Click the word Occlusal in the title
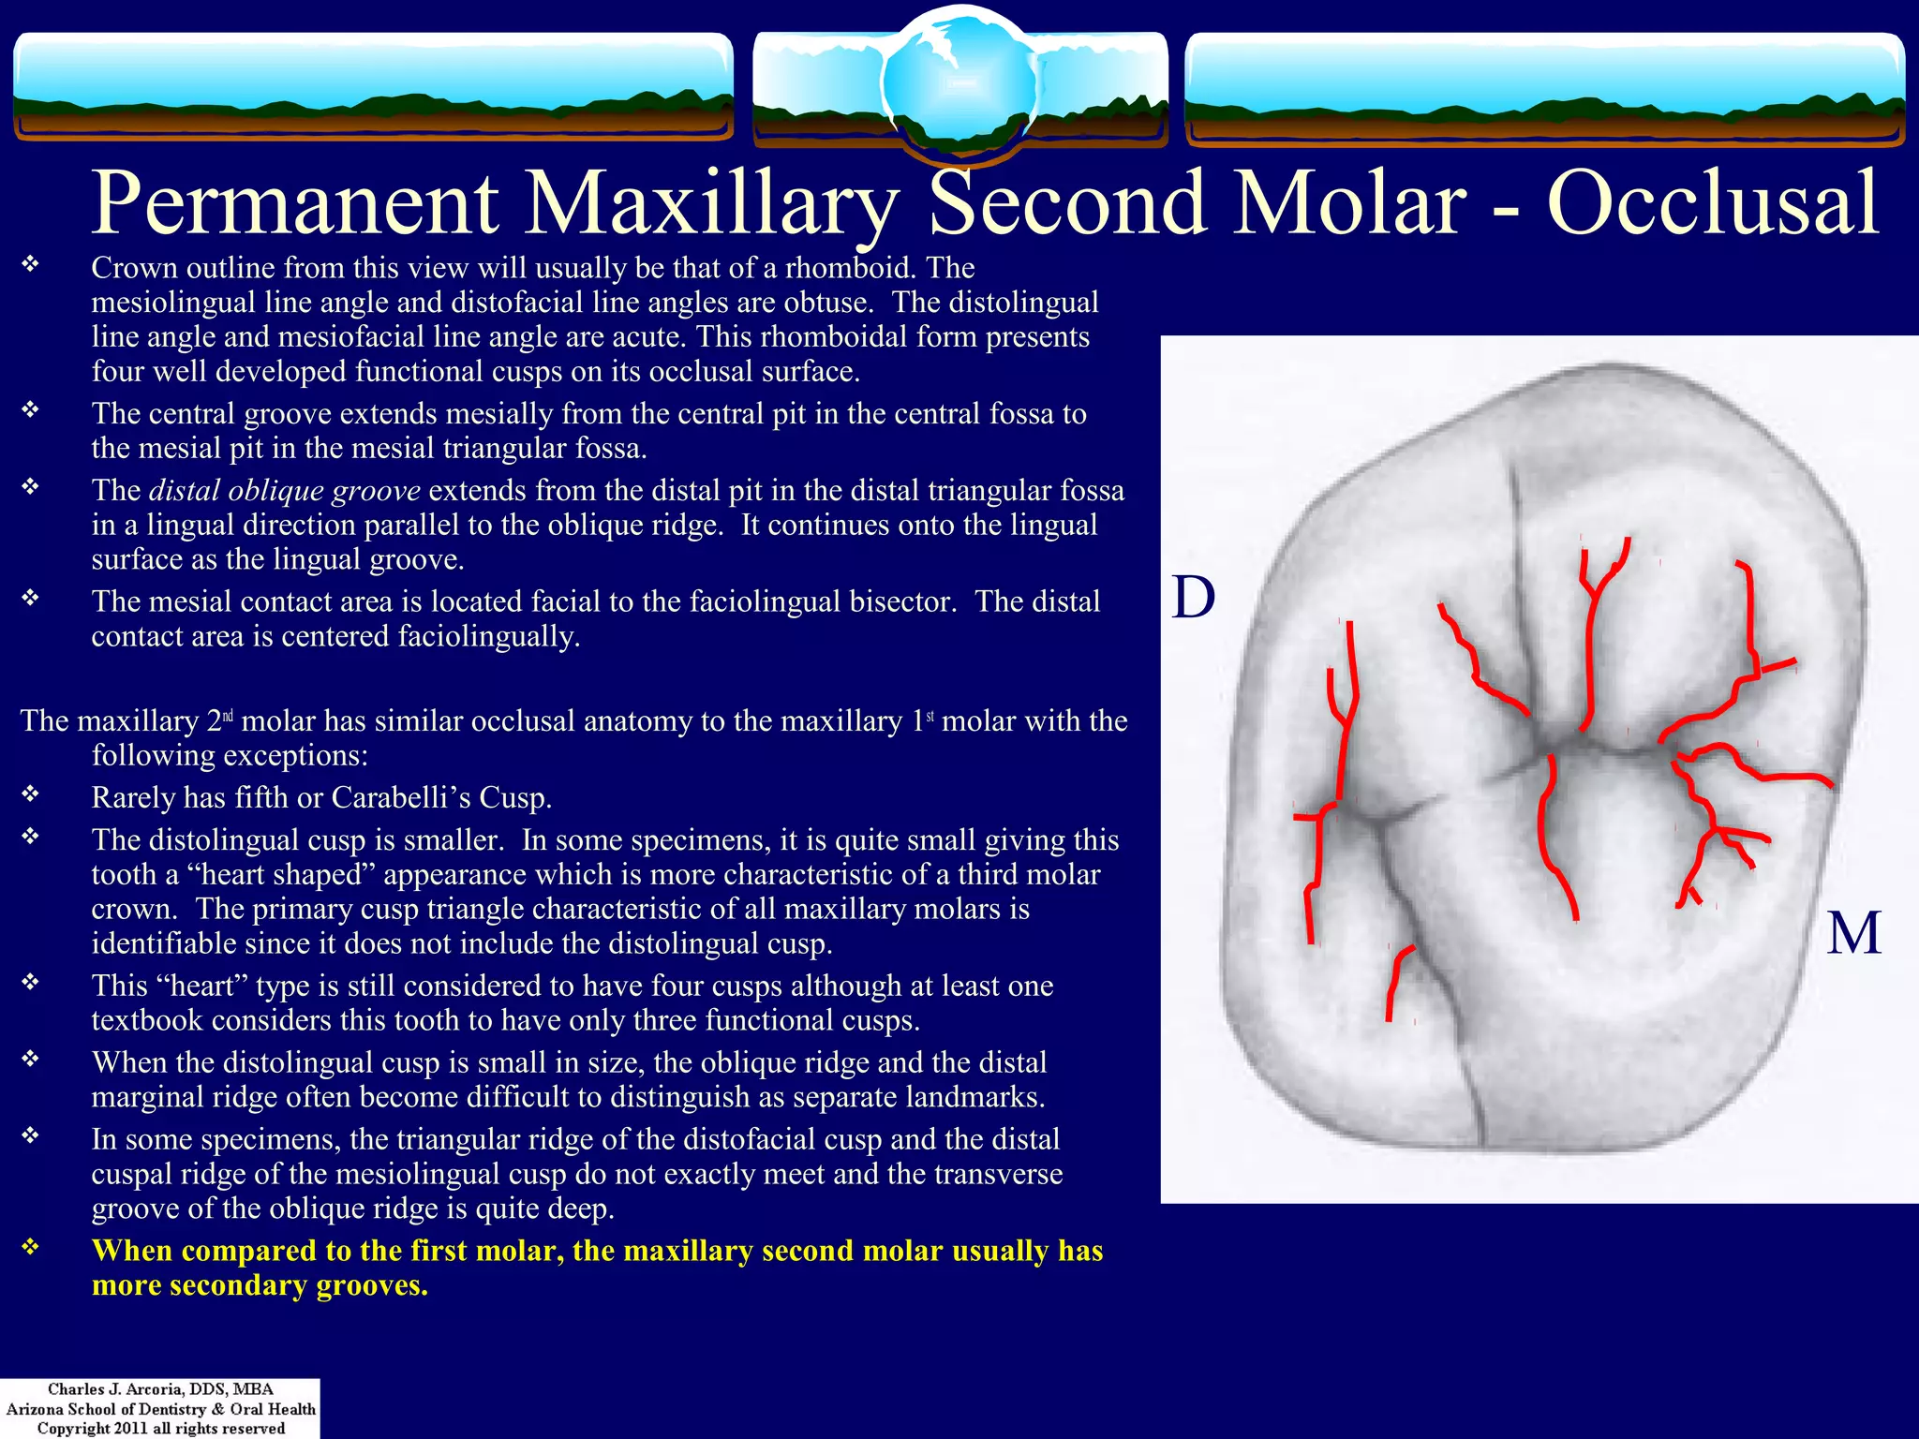pos(1712,203)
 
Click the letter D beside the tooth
pos(1194,598)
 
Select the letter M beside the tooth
pos(1853,933)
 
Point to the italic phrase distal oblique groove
pos(285,491)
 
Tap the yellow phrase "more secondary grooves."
pos(260,1285)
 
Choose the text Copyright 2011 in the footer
pos(93,1429)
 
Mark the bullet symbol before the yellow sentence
pos(31,1247)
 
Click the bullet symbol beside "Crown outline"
pos(31,264)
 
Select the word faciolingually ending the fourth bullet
pos(488,636)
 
